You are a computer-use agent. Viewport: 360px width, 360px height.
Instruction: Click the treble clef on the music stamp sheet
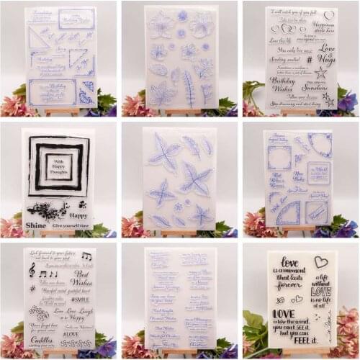pos(32,269)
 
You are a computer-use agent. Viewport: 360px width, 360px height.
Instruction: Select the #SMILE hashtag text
pos(81,299)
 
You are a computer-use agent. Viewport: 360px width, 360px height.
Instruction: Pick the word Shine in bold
pos(35,225)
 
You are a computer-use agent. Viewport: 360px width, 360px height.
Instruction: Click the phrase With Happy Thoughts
pos(58,168)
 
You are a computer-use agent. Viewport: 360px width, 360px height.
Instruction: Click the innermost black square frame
pos(58,168)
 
